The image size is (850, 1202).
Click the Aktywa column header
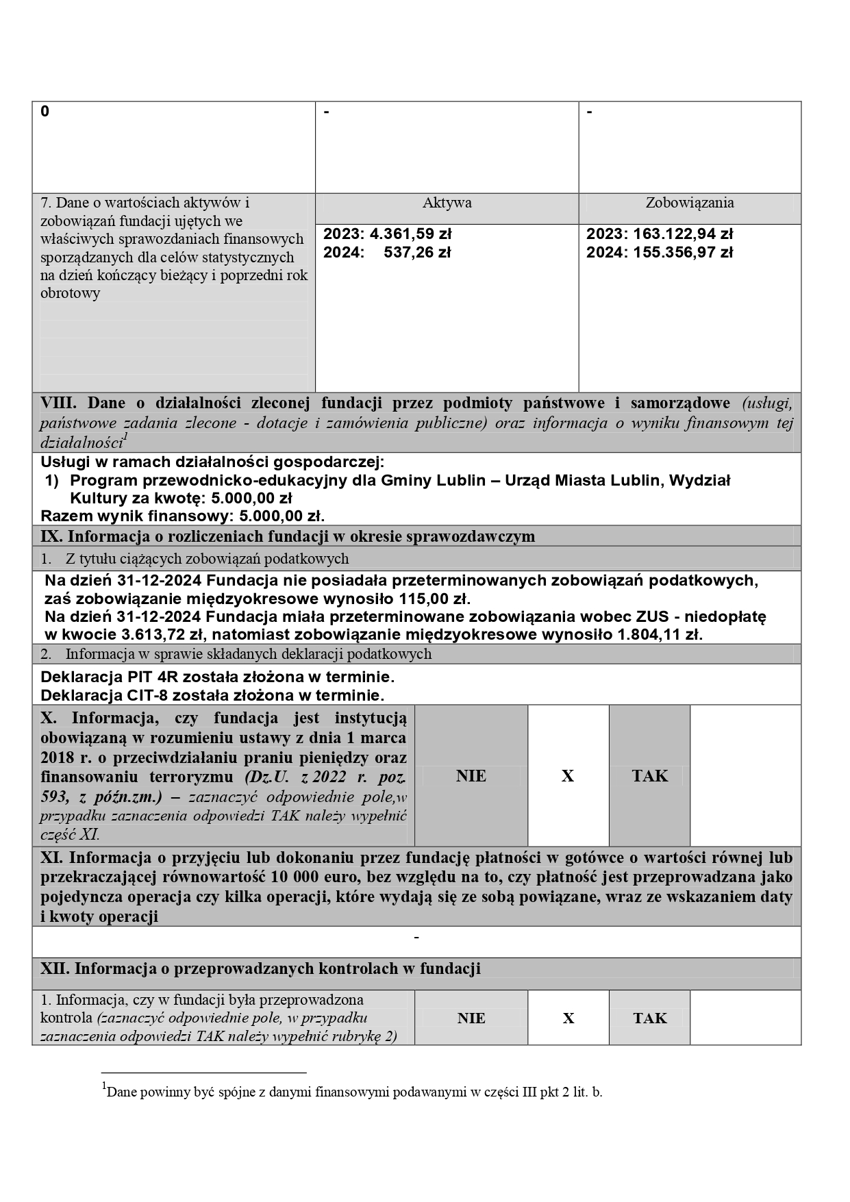pos(447,203)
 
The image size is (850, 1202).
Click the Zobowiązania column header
pos(689,203)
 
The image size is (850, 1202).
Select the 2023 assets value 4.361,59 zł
pos(410,234)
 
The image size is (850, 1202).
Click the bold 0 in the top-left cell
pos(45,112)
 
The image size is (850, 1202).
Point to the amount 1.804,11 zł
pos(660,634)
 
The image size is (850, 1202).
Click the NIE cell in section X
pos(471,776)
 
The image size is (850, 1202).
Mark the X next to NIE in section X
pos(568,776)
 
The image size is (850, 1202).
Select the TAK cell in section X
pos(649,776)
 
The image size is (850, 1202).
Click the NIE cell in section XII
pos(471,1018)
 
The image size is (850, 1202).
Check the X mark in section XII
pos(568,1018)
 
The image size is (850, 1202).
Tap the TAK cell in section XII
pos(649,1018)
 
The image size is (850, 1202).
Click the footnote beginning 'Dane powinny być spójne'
pos(353,1092)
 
